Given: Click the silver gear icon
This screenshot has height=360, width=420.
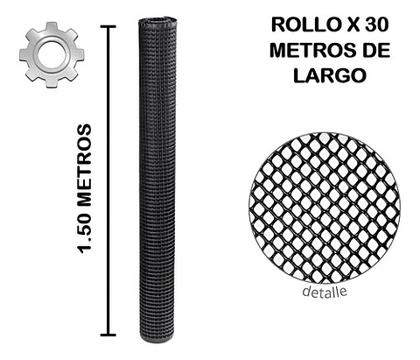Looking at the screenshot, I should click(52, 53).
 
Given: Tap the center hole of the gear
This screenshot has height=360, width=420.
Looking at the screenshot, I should click(52, 53).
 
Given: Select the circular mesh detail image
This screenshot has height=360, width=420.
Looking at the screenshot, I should click(324, 208).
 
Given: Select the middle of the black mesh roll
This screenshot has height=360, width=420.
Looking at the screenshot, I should click(153, 180).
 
